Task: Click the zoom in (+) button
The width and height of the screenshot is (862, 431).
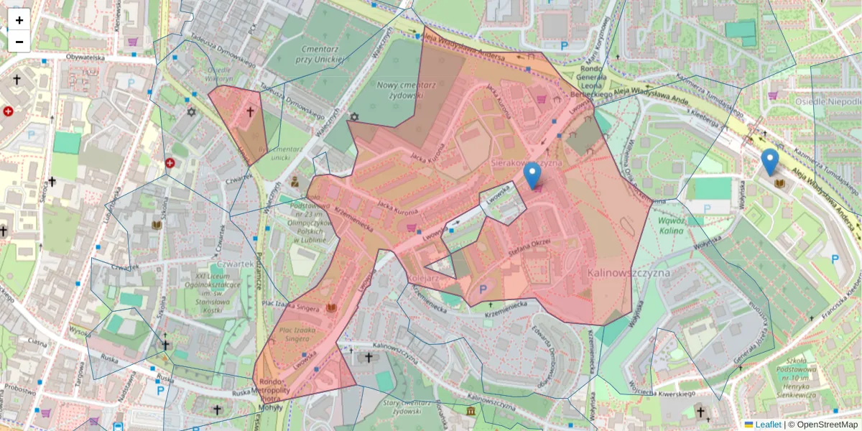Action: pos(19,20)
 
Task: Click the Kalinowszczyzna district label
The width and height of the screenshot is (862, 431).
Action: pos(629,273)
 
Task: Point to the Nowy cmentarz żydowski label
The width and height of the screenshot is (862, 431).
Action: pos(400,90)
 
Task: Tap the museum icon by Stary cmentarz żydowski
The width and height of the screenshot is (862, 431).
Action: pos(471,410)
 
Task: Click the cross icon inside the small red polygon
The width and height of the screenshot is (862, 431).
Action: pos(250,112)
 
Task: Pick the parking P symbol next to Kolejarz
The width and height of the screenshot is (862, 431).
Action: pos(483,289)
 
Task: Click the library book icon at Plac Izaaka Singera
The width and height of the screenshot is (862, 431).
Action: pos(331,308)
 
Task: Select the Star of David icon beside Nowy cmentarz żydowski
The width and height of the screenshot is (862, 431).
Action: pos(353,116)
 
